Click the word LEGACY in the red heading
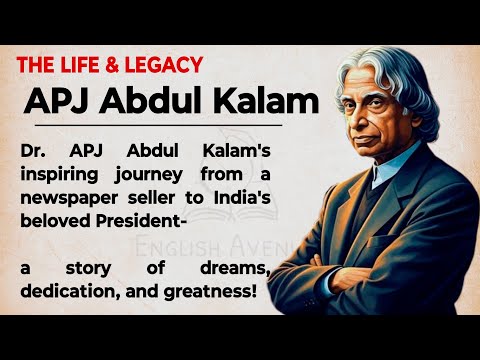pos(168,66)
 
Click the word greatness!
pos(211,290)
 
